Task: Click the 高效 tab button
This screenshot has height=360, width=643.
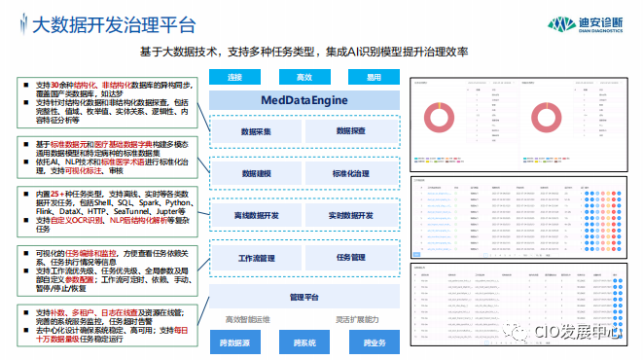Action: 304,77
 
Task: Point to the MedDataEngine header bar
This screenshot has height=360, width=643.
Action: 304,100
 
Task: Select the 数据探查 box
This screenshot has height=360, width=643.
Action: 351,129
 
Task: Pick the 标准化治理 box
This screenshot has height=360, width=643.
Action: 351,171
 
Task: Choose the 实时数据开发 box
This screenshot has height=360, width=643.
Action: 351,213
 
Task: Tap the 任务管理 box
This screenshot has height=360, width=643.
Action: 351,258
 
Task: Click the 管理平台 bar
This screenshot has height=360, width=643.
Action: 304,296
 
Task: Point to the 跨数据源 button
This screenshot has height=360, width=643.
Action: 234,342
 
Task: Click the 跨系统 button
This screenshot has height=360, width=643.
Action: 304,342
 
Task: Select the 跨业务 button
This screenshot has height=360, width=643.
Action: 375,342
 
